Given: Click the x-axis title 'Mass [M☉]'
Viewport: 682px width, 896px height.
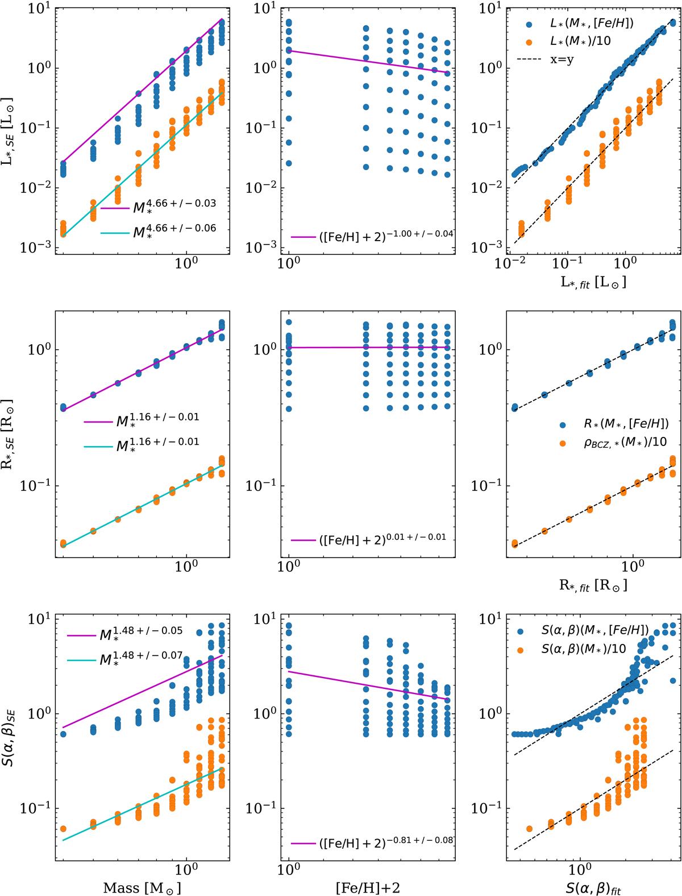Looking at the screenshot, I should (x=142, y=887).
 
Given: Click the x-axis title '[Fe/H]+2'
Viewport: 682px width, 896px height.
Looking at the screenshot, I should (x=368, y=887).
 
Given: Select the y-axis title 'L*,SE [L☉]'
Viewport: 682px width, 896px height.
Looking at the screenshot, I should (x=8, y=131).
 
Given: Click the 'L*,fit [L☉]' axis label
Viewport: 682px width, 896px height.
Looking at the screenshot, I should (x=593, y=282).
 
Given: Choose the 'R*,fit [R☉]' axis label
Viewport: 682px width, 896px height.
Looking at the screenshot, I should (x=593, y=585).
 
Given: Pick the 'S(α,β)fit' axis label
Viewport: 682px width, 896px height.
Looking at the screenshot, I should (x=593, y=888).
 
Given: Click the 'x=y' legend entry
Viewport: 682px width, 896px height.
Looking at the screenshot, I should (x=562, y=59).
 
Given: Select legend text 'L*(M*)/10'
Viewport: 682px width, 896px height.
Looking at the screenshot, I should (x=580, y=41).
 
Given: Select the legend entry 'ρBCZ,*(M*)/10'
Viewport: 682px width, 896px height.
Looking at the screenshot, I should (x=625, y=443).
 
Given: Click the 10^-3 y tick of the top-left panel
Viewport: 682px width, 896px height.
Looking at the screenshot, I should (x=35, y=247).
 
